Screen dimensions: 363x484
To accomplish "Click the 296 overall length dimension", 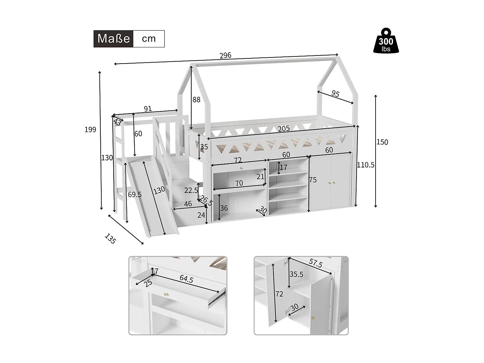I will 225,55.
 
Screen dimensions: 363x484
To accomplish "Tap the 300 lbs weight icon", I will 386,41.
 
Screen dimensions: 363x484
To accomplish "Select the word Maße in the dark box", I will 114,39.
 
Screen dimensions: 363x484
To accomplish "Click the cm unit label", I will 149,39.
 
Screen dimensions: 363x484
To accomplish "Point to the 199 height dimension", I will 90,129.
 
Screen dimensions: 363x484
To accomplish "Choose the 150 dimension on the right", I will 382,142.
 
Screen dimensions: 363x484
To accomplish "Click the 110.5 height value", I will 366,165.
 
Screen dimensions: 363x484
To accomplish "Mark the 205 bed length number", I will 284,129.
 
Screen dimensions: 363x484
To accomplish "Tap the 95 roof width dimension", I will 335,94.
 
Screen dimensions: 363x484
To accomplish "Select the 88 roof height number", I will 197,100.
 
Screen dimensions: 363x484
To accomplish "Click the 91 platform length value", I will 148,109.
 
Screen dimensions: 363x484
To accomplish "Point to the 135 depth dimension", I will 110,238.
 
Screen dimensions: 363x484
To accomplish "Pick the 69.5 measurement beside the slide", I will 135,195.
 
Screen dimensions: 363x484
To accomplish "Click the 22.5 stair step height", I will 191,190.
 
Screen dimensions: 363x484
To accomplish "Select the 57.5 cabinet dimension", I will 316,263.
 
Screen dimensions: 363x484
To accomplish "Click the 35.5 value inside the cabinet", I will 296,274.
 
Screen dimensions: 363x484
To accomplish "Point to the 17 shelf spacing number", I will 283,167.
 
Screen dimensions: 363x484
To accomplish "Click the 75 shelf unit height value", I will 313,180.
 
